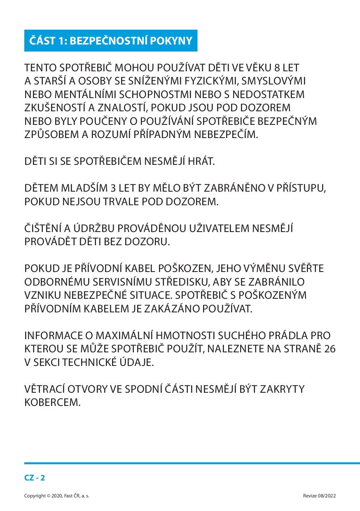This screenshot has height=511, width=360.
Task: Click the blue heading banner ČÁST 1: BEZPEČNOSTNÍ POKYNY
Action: [111, 41]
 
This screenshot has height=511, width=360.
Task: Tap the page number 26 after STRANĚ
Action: [330, 349]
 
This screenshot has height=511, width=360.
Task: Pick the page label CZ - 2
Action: [35, 478]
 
